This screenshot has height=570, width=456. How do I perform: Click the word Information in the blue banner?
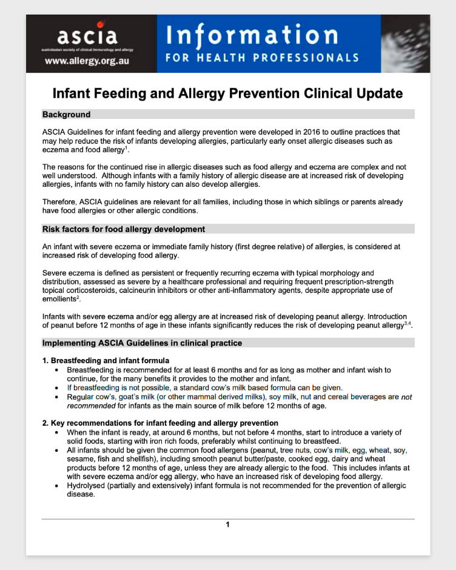[252, 36]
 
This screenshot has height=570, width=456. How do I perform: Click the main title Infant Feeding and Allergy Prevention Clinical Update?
[227, 93]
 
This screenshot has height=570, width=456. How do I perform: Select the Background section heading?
[66, 115]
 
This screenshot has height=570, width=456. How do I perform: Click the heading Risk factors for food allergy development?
[124, 229]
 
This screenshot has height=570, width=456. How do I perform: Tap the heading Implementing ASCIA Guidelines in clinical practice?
[142, 343]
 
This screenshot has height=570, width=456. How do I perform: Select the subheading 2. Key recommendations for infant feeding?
[160, 423]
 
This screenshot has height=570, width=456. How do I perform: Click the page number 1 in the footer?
[228, 525]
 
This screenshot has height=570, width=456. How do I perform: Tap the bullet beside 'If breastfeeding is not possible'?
[56, 387]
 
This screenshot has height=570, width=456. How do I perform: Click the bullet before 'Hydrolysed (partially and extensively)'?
[56, 486]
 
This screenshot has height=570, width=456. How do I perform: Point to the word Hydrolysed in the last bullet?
[86, 486]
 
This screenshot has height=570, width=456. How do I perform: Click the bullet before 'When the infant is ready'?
[56, 432]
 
